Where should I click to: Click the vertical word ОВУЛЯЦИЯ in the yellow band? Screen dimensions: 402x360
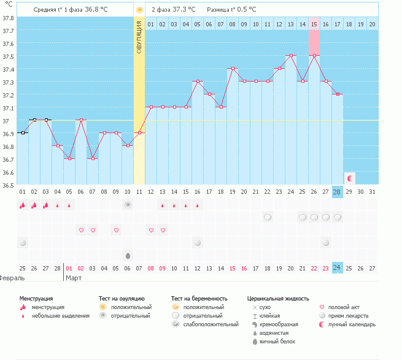(139, 37)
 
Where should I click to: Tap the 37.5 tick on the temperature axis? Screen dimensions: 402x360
(8, 57)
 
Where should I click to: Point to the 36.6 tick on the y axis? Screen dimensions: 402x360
(8, 173)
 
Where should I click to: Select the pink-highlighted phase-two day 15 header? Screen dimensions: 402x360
(314, 25)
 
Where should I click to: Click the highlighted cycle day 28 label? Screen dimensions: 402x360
(336, 192)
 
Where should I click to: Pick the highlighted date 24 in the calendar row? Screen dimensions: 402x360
(336, 268)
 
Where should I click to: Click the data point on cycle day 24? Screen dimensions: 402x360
(291, 55)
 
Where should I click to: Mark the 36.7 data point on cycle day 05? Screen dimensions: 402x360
(69, 159)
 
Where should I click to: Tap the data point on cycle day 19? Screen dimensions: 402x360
(233, 69)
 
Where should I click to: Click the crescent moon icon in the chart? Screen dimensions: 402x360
(349, 178)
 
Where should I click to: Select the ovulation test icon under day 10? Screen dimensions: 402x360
(128, 205)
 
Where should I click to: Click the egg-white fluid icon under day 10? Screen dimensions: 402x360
(128, 256)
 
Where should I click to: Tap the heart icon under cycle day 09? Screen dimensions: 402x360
(116, 230)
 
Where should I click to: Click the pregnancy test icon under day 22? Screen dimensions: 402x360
(268, 218)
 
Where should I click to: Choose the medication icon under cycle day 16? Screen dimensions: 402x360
(198, 243)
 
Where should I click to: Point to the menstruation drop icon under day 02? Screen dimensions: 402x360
(34, 205)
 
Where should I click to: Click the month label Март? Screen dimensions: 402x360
(74, 278)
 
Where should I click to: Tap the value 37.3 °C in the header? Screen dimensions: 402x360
(184, 9)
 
